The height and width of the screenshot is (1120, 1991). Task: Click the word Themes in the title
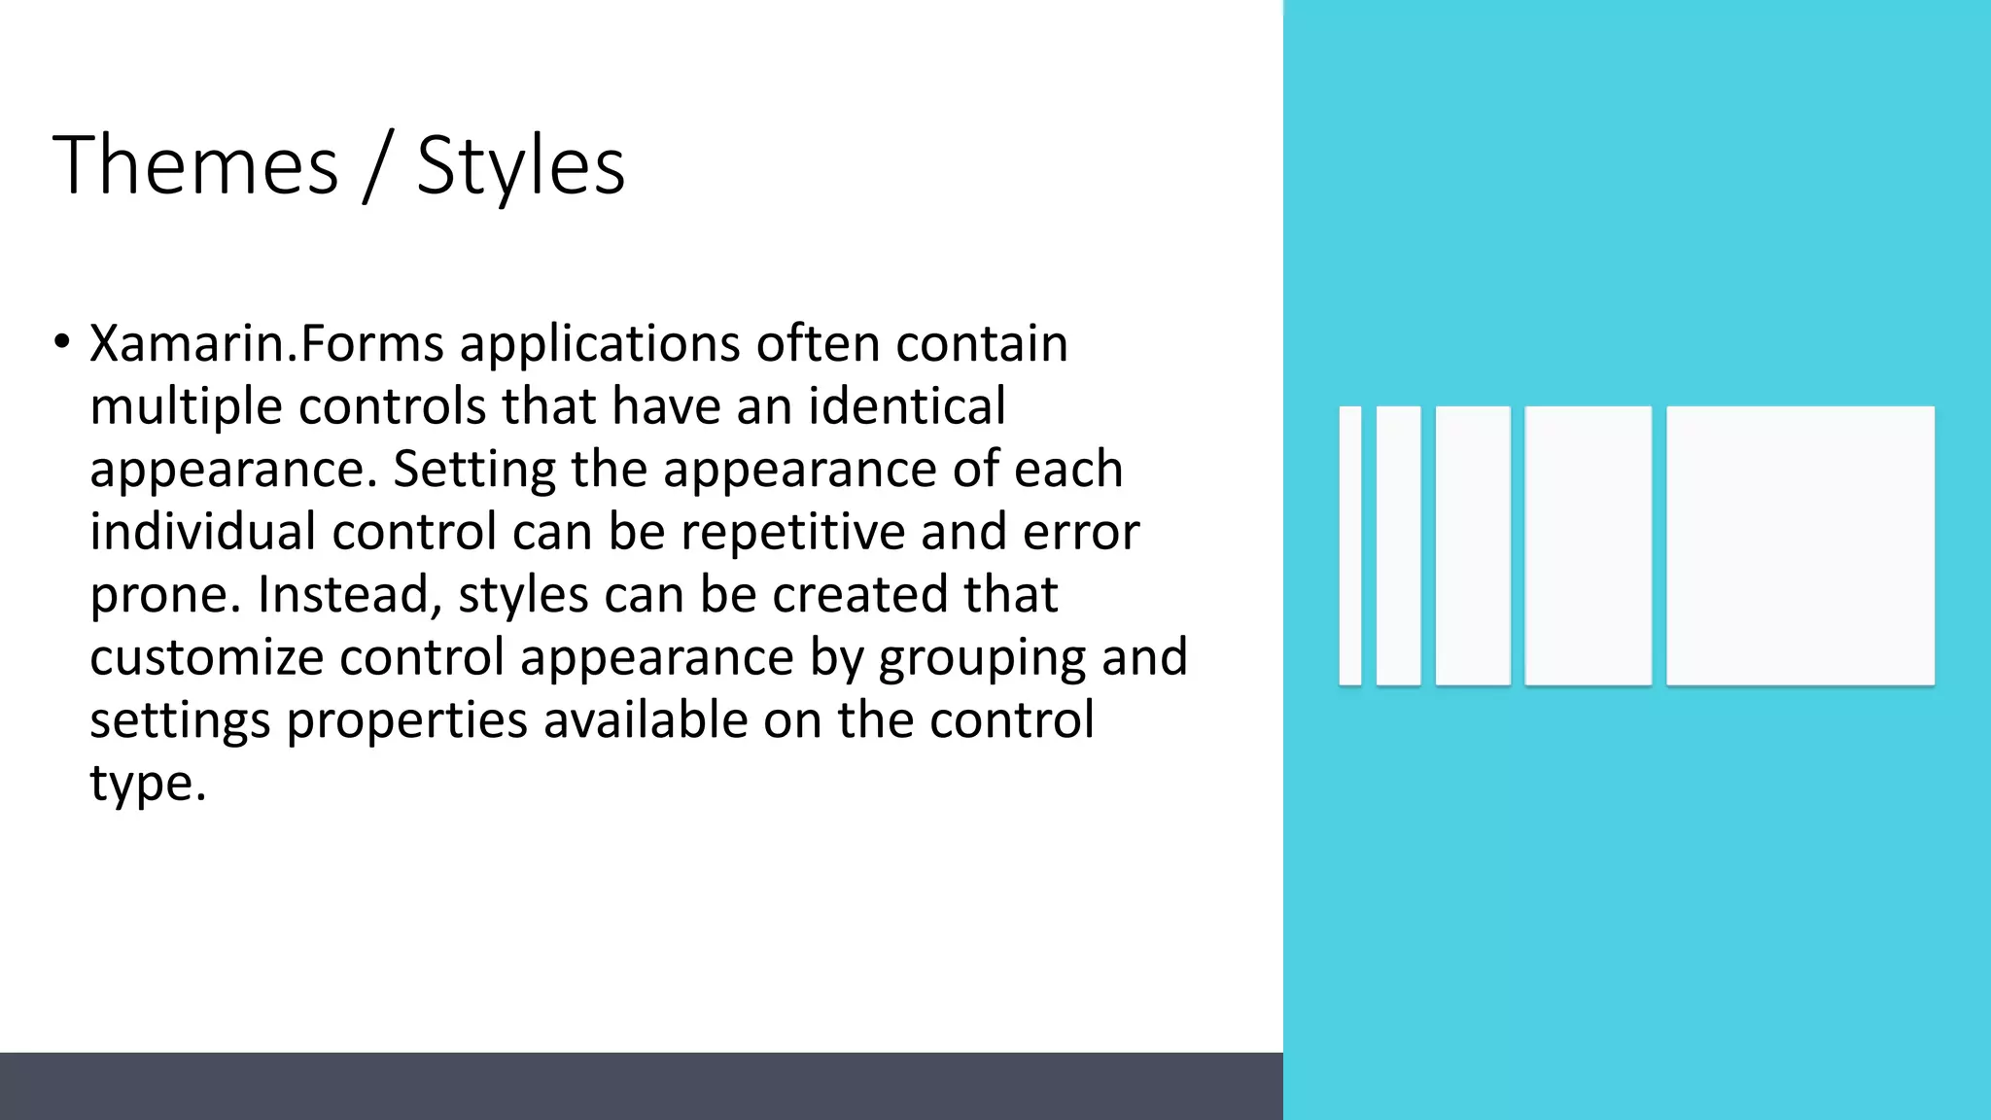click(x=195, y=165)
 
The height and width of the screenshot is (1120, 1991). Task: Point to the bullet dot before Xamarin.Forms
click(x=62, y=342)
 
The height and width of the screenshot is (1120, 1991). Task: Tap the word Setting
click(x=473, y=470)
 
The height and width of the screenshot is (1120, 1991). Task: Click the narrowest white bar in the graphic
click(x=1349, y=545)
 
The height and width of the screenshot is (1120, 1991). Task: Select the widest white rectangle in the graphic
click(x=1799, y=545)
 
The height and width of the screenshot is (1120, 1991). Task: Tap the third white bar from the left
click(x=1473, y=545)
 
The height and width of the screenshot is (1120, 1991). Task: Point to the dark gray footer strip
click(x=642, y=1086)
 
